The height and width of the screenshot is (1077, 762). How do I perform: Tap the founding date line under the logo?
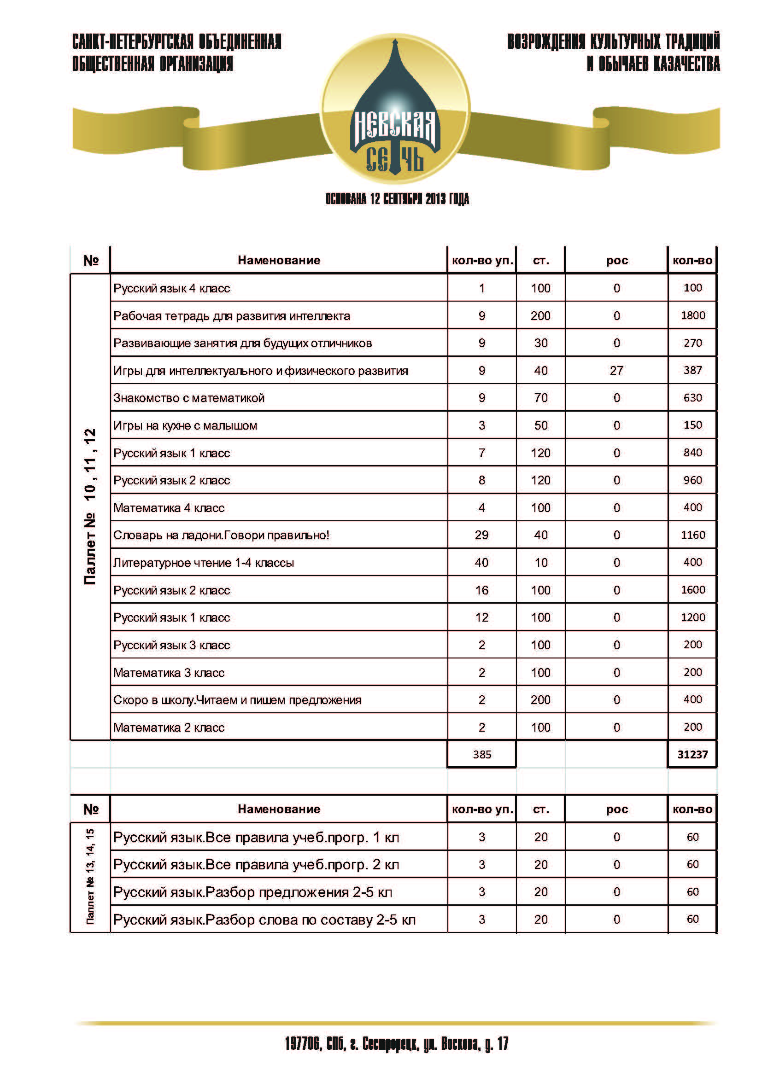coord(397,199)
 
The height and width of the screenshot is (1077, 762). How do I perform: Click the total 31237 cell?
coord(692,754)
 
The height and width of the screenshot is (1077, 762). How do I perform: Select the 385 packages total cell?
coord(482,754)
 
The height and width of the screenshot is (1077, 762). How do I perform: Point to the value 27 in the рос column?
coord(616,371)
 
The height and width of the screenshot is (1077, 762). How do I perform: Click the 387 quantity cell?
coord(692,370)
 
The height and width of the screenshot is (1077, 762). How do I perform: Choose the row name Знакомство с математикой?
coord(188,398)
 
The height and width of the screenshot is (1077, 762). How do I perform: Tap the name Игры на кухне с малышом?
coord(185,425)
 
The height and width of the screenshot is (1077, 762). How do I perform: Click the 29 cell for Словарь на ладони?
coord(481,535)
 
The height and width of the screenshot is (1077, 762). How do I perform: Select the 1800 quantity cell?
coord(692,315)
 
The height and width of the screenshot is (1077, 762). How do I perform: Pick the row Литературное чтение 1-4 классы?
coord(204,562)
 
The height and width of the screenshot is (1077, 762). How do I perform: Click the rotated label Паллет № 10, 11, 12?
coord(90,506)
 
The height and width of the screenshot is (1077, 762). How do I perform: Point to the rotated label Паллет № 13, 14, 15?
coord(90,876)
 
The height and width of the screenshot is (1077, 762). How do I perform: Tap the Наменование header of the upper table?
coord(279,260)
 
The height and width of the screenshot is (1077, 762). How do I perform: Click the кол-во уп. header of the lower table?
coord(482,809)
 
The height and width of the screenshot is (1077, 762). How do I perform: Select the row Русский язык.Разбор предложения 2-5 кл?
coord(252,892)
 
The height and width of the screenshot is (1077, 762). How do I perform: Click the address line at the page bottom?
coord(397,1044)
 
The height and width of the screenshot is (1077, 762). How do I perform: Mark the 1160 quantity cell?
coord(692,535)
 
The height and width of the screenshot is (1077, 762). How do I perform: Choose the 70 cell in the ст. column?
coord(540,398)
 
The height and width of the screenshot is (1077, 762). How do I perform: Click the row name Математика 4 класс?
coord(169,507)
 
